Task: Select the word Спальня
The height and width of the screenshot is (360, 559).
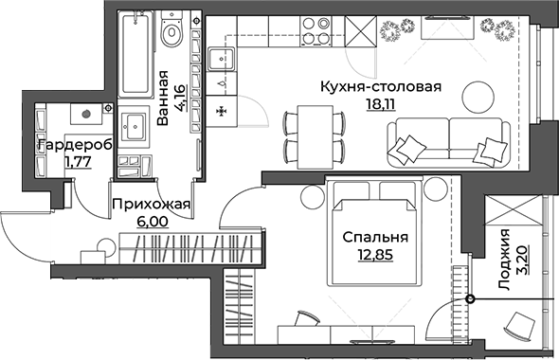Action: pyautogui.click(x=377, y=238)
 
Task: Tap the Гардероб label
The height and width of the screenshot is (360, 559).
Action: pyautogui.click(x=74, y=145)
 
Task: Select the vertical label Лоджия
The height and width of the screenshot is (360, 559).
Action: pyautogui.click(x=505, y=255)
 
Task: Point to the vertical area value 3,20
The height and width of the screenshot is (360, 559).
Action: pyautogui.click(x=522, y=255)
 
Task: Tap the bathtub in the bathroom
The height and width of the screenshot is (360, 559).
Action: pyautogui.click(x=135, y=54)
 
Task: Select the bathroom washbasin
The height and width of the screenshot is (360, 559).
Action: pyautogui.click(x=133, y=122)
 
